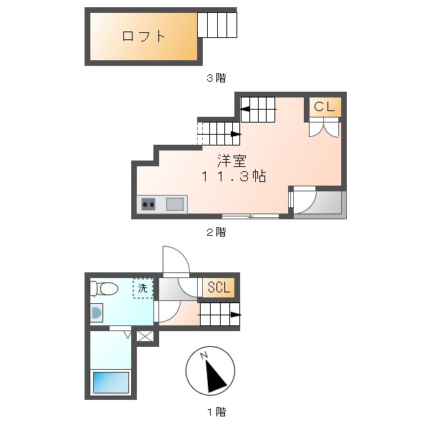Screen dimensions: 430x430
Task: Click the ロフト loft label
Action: pos(144,37)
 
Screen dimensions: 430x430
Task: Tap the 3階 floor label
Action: pos(216,78)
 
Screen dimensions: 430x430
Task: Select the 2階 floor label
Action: pos(216,231)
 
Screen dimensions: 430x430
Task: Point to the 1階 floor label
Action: pos(216,412)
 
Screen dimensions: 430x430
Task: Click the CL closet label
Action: pos(325,107)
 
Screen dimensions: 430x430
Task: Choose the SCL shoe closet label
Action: pos(219,288)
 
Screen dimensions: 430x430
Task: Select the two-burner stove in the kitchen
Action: pos(149,204)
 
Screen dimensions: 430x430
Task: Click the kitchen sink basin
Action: pos(174,204)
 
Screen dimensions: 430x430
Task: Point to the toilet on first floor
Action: pos(105,288)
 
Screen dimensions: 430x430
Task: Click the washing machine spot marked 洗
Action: pos(143,288)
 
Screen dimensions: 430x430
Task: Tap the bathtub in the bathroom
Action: pos(110,382)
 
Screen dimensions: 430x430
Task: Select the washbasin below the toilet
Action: pos(96,313)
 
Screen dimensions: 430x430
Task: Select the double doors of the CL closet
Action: pos(325,128)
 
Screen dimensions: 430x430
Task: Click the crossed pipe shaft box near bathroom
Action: pos(145,335)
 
